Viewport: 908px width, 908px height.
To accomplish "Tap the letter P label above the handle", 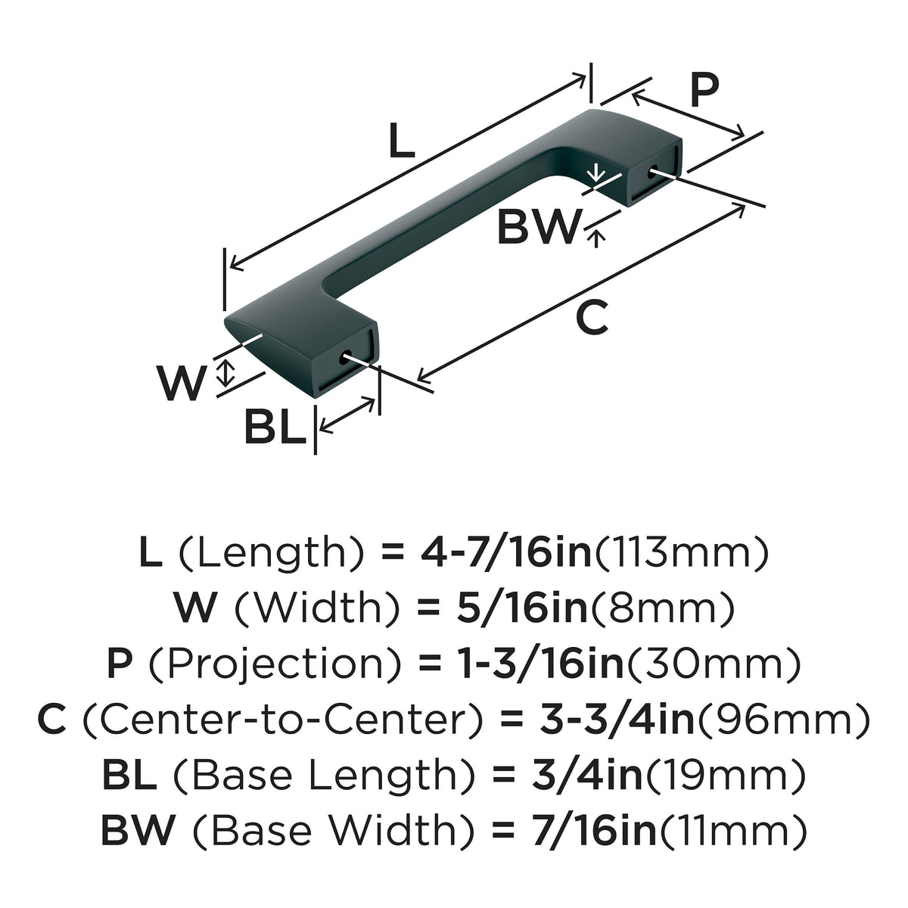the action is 705,91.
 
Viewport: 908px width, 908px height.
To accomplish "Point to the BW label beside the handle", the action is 539,227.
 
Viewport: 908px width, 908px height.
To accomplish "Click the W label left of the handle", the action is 182,382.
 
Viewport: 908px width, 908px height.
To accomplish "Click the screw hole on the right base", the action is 653,173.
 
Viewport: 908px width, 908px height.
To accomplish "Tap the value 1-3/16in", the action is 542,664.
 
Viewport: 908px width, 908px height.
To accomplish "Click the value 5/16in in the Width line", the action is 521,609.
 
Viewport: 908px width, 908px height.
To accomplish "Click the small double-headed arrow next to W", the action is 227,372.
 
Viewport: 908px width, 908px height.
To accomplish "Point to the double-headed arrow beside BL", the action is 347,415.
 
